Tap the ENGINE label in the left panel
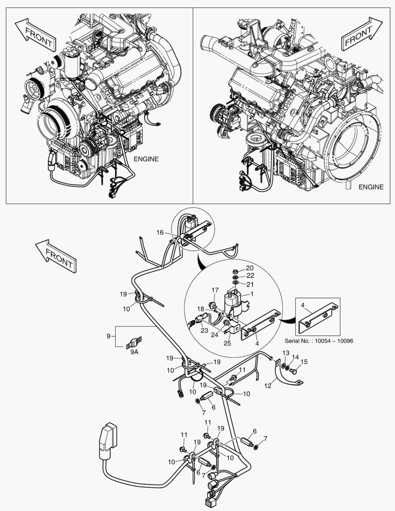(146, 159)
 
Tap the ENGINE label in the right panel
(370, 187)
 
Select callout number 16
(160, 232)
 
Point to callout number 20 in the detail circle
(249, 268)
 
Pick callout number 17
(215, 290)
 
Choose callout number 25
(227, 343)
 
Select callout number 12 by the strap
(268, 386)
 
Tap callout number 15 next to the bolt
(286, 353)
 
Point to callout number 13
(295, 357)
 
